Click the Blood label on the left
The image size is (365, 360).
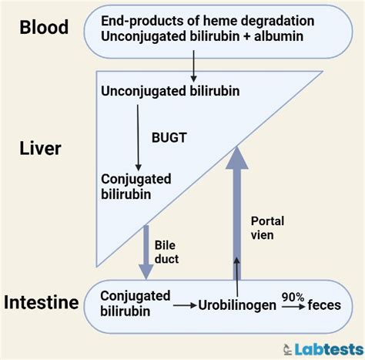pyautogui.click(x=43, y=28)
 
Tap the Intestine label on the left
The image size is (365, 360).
pyautogui.click(x=41, y=302)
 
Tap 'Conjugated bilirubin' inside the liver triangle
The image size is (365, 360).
pyautogui.click(x=136, y=186)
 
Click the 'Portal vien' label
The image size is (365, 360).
pyautogui.click(x=268, y=227)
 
